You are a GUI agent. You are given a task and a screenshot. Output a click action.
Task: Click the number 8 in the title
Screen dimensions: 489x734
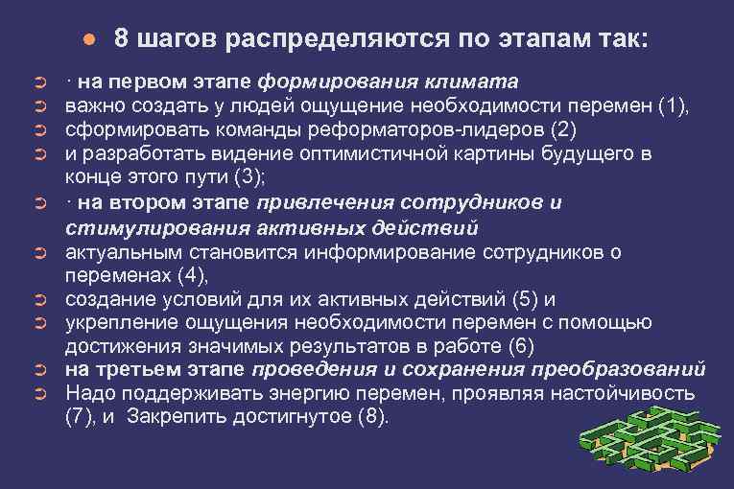pos(121,38)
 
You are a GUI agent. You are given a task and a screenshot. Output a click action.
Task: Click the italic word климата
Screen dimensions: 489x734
pos(473,80)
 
